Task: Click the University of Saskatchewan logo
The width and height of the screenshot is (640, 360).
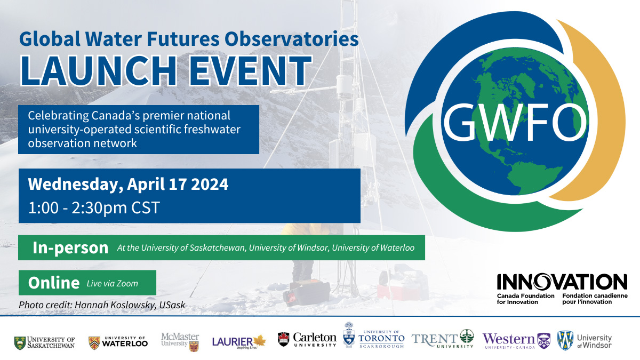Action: [45, 341]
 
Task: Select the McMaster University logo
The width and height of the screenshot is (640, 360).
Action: [180, 340]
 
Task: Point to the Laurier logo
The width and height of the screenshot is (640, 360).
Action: [238, 341]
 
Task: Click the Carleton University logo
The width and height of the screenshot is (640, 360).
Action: [307, 340]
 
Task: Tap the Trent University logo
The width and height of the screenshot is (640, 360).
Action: [443, 339]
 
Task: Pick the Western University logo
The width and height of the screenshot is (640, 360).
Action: [516, 340]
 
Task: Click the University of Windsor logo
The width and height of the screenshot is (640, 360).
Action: [585, 340]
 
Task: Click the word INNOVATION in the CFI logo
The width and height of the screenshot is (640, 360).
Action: [562, 282]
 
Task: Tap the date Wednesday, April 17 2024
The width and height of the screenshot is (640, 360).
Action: [128, 185]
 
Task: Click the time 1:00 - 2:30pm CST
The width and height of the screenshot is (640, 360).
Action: [94, 207]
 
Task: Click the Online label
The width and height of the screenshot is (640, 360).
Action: [53, 283]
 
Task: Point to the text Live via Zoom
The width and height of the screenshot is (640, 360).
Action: [113, 283]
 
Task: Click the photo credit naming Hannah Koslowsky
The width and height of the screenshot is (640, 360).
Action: [102, 305]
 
